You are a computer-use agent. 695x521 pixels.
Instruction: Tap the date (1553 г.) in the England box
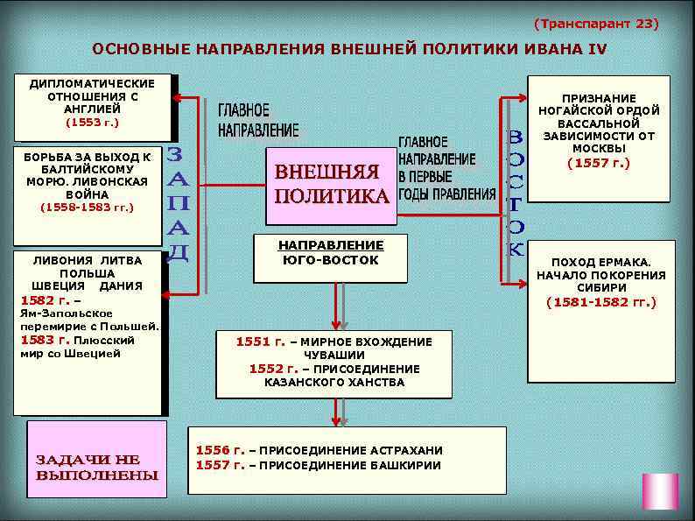[x=92, y=123]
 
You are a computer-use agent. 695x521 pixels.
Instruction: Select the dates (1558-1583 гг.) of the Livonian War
[x=88, y=208]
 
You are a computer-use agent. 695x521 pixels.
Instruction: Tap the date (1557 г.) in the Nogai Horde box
[x=598, y=162]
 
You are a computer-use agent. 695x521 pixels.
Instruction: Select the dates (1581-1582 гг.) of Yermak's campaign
[x=600, y=302]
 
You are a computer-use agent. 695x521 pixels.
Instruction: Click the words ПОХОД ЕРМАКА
[x=600, y=262]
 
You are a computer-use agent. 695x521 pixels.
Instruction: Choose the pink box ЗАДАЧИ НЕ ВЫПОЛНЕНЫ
[x=97, y=467]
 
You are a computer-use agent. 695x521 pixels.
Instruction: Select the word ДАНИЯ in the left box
[x=122, y=285]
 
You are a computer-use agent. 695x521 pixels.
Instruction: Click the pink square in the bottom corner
[x=660, y=491]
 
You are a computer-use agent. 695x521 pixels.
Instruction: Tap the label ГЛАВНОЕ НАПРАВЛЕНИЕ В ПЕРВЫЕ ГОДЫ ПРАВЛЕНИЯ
[x=446, y=168]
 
